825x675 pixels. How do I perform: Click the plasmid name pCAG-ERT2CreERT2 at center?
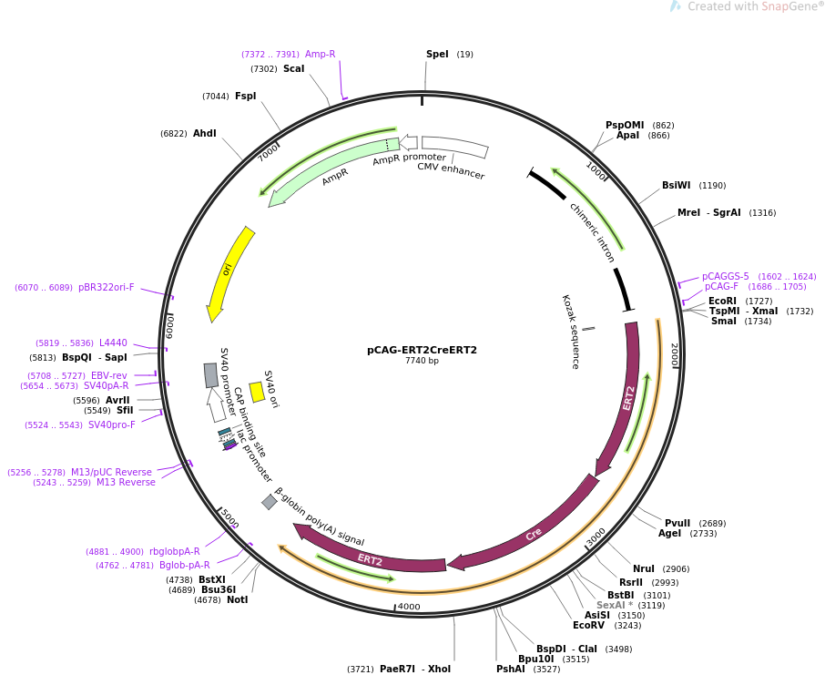tap(422, 350)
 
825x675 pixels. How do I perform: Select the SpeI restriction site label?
tap(437, 55)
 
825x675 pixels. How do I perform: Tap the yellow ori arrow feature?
tap(229, 272)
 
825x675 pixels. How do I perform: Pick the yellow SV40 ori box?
tap(257, 392)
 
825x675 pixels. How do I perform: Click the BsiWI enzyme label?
tap(676, 185)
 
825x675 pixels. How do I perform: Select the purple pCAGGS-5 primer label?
tap(725, 276)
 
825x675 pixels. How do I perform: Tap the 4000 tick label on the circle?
tap(409, 607)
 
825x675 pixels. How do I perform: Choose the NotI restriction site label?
tap(238, 599)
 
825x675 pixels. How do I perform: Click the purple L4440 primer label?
tap(113, 343)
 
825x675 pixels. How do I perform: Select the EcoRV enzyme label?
tap(589, 626)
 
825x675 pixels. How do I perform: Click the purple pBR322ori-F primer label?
tap(107, 288)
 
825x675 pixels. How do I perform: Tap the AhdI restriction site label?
tap(205, 134)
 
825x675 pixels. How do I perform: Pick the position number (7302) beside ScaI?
tap(264, 69)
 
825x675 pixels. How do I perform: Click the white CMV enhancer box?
tap(455, 147)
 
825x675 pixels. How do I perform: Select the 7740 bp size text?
tap(422, 361)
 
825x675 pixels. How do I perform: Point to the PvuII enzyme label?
tap(677, 524)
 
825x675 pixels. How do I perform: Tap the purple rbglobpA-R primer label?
tap(175, 552)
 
